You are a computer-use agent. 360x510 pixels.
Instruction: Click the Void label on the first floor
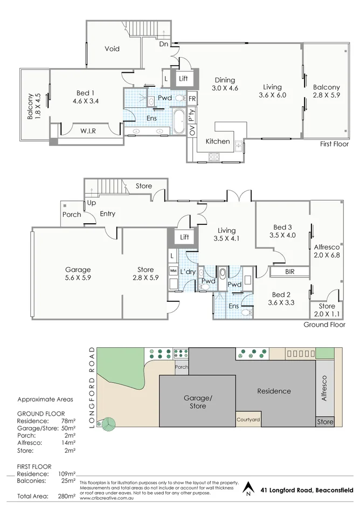[x=112, y=49]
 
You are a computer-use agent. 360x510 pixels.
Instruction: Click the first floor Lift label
[x=183, y=79]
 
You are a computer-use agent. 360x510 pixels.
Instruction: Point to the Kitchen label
[x=218, y=142]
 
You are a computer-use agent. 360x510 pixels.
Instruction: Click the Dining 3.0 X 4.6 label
[x=225, y=84]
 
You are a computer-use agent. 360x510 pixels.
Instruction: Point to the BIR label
[x=289, y=272]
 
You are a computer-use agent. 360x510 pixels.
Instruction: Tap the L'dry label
[x=188, y=271]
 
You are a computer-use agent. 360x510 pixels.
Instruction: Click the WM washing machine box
[x=173, y=270]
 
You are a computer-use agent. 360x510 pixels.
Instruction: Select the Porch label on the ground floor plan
[x=72, y=214]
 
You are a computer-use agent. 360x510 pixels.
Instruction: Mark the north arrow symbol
[x=248, y=488]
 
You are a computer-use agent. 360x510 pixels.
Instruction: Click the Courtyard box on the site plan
[x=248, y=419]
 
